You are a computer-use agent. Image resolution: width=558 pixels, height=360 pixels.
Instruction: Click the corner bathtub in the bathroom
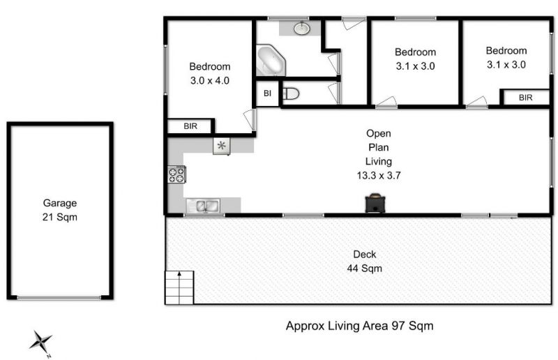click(271, 60)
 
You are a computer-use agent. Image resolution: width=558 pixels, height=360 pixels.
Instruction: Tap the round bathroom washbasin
click(302, 28)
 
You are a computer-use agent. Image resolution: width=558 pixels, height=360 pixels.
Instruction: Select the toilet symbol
click(291, 94)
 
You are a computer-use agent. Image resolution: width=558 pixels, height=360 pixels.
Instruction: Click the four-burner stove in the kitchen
click(176, 175)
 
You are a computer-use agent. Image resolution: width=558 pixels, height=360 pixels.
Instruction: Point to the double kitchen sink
click(203, 206)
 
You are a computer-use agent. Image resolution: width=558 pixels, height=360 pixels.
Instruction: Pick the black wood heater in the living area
click(375, 203)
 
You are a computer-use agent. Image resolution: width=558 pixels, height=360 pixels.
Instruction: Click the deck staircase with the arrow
click(179, 287)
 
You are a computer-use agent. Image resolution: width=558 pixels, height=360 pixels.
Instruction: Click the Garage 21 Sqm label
click(60, 210)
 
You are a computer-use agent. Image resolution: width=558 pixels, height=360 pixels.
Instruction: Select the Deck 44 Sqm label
click(365, 262)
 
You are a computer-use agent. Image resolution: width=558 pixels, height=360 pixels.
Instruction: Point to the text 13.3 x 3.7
click(379, 175)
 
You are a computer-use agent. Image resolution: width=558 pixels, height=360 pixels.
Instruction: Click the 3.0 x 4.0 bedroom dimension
click(210, 80)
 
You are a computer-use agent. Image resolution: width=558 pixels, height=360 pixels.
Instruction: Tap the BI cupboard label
click(268, 93)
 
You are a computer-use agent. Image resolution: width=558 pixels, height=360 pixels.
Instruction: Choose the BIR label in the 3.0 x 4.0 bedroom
click(190, 126)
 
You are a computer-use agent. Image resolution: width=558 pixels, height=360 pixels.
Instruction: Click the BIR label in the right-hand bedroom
click(526, 98)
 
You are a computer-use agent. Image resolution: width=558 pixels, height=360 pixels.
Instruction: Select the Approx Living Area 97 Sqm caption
click(360, 326)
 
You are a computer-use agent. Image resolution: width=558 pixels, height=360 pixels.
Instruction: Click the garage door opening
click(59, 298)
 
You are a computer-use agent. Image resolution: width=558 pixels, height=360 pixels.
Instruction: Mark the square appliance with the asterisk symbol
click(221, 146)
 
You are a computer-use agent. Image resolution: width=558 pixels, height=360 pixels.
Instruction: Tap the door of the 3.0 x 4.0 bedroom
click(250, 119)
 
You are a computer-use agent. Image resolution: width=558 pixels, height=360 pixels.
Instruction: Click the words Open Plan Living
click(379, 147)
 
